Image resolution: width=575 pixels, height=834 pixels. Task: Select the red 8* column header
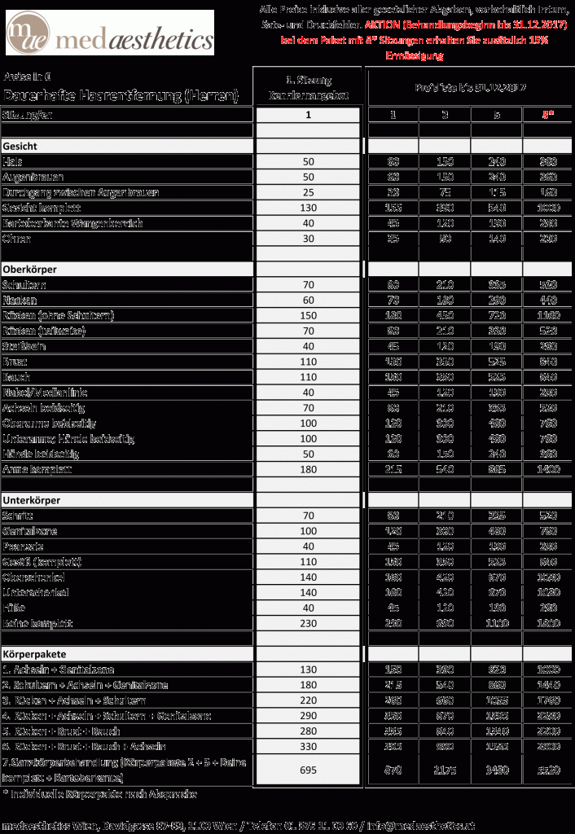[548, 115]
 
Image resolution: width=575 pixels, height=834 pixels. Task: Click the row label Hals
[13, 161]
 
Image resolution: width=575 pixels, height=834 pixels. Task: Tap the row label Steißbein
[26, 345]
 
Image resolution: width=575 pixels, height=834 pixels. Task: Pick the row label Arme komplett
[37, 470]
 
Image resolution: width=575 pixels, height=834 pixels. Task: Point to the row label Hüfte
[16, 608]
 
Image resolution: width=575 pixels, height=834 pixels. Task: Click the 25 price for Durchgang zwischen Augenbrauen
[308, 192]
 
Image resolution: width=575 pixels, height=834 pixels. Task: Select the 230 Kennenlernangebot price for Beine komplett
[308, 623]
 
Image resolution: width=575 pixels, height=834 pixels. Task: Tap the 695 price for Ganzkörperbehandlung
[308, 770]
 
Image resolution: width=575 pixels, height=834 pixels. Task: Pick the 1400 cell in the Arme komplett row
[548, 470]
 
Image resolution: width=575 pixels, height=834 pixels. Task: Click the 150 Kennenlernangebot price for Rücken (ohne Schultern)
[308, 315]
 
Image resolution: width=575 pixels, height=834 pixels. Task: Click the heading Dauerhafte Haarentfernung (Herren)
[121, 95]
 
